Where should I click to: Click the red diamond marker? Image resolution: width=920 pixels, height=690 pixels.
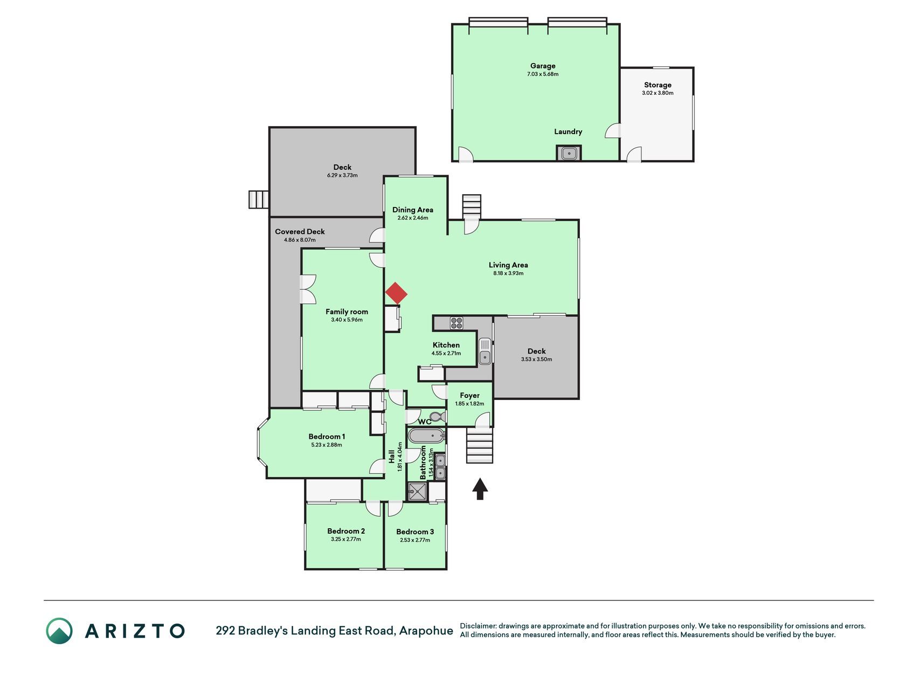pyautogui.click(x=396, y=293)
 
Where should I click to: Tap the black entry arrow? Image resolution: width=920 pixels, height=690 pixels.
pyautogui.click(x=480, y=489)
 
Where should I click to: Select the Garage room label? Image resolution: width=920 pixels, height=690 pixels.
pyautogui.click(x=543, y=66)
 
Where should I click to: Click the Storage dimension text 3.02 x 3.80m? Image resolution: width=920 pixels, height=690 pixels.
pyautogui.click(x=658, y=93)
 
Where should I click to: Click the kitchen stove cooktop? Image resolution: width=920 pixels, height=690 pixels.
pyautogui.click(x=456, y=323)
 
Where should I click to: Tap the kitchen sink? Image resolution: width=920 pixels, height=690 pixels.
pyautogui.click(x=485, y=351)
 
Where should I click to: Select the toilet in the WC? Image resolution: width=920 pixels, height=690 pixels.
pyautogui.click(x=438, y=417)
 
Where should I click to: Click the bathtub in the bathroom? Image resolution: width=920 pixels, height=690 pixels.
pyautogui.click(x=426, y=436)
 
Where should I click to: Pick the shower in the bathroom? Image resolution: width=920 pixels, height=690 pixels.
pyautogui.click(x=417, y=491)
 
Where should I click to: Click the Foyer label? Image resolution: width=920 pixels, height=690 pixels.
pyautogui.click(x=469, y=395)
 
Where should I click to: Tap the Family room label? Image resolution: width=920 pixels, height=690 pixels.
pyautogui.click(x=347, y=312)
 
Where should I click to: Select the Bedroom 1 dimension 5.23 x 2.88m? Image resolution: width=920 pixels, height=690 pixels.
pyautogui.click(x=327, y=445)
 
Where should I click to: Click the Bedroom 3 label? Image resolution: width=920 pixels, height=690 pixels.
pyautogui.click(x=415, y=532)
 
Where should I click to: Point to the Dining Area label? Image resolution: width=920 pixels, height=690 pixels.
pyautogui.click(x=413, y=210)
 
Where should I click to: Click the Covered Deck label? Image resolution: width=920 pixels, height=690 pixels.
pyautogui.click(x=300, y=231)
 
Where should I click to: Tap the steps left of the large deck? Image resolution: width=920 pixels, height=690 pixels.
pyautogui.click(x=259, y=199)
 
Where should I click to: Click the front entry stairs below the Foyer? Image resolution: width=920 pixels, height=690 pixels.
pyautogui.click(x=479, y=445)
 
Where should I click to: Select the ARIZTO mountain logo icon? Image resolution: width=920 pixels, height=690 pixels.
pyautogui.click(x=59, y=631)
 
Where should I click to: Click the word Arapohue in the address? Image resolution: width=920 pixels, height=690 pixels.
pyautogui.click(x=426, y=631)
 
